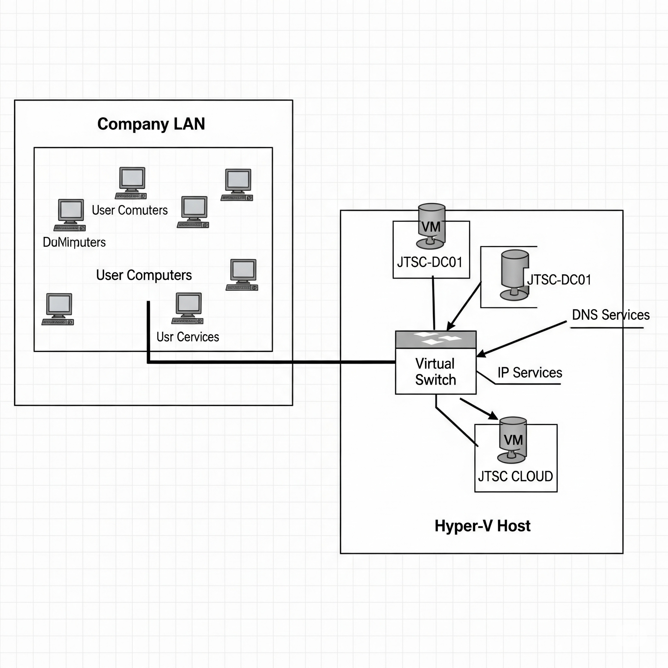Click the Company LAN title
151,124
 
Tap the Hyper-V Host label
482,526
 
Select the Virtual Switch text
435,372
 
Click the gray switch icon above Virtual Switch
436,340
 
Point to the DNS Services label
611,315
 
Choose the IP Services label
530,373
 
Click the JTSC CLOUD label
515,477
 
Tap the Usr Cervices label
188,337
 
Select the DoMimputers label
74,242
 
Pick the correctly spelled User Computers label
144,275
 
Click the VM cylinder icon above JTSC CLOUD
513,440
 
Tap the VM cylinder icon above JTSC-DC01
431,226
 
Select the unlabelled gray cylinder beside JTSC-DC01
514,275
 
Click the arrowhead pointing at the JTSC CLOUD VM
493,416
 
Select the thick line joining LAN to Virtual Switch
270,362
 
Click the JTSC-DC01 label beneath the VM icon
430,263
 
